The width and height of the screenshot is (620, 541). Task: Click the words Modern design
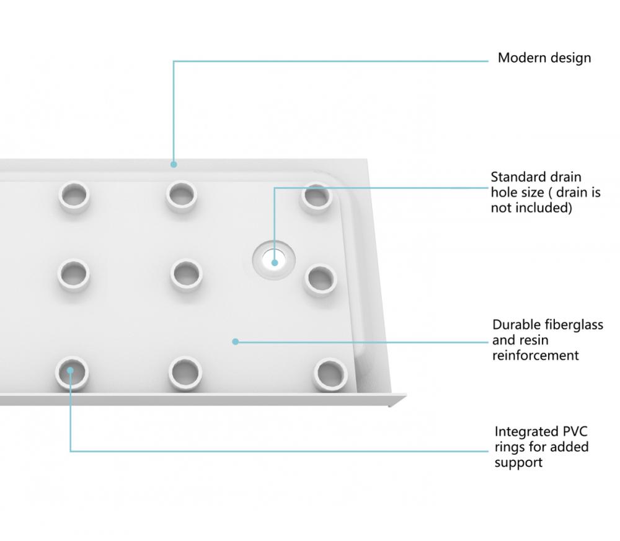coord(544,58)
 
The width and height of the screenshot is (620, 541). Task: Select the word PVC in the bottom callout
coord(574,431)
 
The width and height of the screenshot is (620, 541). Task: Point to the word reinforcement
coord(536,355)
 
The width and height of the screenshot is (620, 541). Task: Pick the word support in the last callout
coord(518,463)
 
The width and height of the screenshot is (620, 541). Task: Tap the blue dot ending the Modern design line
coord(174,164)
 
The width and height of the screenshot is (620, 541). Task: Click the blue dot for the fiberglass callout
coord(235,341)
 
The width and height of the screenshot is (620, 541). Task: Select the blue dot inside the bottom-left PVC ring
coord(71,371)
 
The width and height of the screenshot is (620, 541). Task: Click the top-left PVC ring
coord(74,196)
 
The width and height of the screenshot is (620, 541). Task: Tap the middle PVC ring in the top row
coord(182,196)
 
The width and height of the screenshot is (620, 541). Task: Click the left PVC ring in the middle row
coord(74,275)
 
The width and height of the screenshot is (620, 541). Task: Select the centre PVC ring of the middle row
coord(187,275)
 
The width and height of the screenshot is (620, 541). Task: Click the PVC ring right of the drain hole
coord(321,279)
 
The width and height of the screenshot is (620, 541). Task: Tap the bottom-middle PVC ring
coord(185,372)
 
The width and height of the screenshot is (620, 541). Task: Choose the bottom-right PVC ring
coord(331,374)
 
